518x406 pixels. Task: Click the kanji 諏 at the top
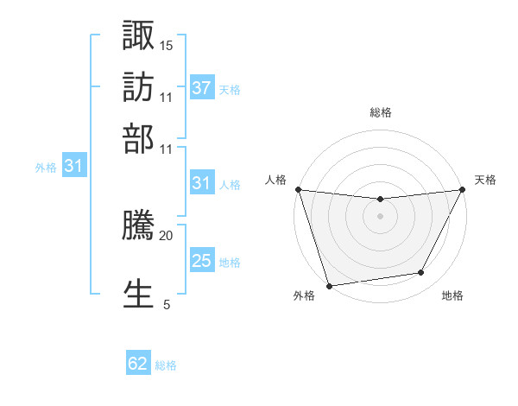coord(139,36)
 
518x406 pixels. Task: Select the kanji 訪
coord(139,87)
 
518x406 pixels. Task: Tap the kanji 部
coord(139,138)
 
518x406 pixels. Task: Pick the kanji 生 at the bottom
coord(139,292)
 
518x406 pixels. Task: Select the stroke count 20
coord(167,234)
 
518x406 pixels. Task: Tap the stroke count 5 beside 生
coord(167,303)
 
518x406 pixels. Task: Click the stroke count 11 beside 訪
coord(167,97)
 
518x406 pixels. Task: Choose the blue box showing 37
coord(202,88)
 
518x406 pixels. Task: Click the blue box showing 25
coord(202,261)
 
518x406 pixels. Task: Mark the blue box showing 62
coord(138,364)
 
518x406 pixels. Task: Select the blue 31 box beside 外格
coord(73,166)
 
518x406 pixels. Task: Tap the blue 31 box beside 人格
coord(202,183)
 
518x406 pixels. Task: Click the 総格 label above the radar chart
coord(381,112)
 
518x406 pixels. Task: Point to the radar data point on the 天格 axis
coord(463,189)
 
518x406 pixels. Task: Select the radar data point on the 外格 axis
coord(329,285)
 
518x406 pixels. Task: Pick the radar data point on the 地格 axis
coord(421,273)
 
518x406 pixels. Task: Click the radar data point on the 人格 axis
coord(298,189)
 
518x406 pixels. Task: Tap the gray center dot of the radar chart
coord(380,216)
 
